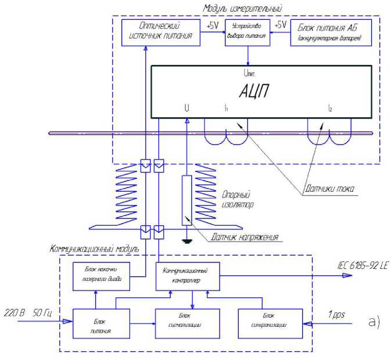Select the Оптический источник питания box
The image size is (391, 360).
coord(160,33)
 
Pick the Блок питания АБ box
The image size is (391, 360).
coord(330,33)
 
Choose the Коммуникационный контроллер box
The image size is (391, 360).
coord(188,275)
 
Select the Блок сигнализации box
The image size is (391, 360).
coord(188,321)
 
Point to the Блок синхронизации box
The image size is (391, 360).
coord(271,321)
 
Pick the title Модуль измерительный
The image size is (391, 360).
coord(242,8)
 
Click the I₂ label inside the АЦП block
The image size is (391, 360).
coord(329,109)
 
